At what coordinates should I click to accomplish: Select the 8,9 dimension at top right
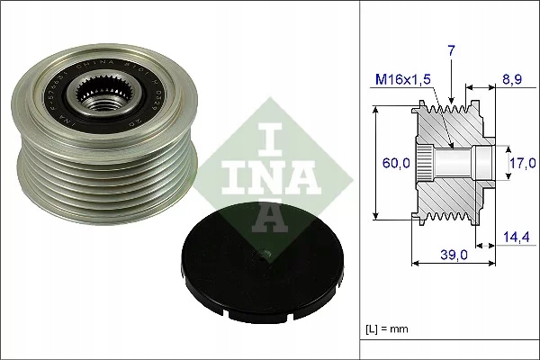pos(512,78)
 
